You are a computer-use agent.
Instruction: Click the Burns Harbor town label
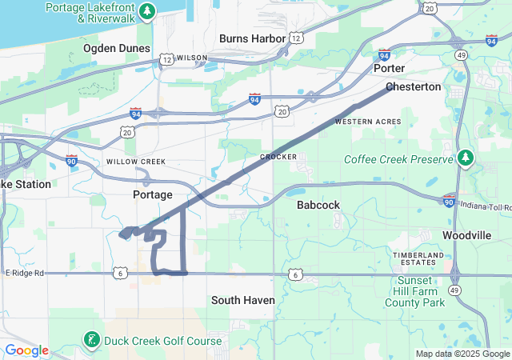(253, 38)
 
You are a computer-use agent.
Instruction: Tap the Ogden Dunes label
(116, 49)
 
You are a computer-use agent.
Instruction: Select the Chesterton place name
(413, 86)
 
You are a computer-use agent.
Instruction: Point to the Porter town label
(389, 69)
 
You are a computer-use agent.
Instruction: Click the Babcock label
(318, 205)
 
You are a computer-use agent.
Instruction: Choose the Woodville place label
(466, 236)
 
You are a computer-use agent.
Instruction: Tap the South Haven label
(243, 300)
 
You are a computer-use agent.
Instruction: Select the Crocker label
(278, 157)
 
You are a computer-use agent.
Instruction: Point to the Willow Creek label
(136, 162)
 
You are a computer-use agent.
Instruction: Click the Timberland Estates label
(418, 258)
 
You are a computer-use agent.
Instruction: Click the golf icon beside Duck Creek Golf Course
(91, 342)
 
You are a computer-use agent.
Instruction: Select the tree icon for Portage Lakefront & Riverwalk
(146, 11)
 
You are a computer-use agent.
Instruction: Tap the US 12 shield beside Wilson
(166, 58)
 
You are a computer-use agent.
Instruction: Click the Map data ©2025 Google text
(462, 354)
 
